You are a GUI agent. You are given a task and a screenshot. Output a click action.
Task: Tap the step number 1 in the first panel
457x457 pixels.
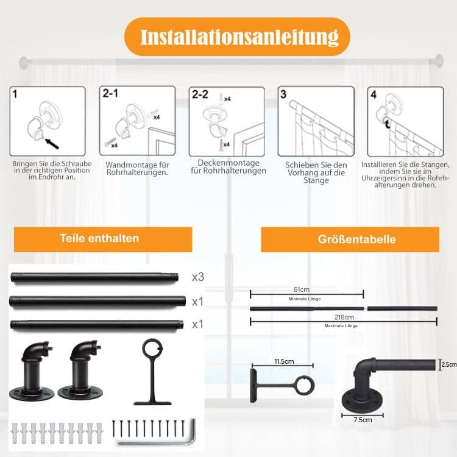(15, 95)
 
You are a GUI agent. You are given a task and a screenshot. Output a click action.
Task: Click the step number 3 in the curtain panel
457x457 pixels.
(283, 94)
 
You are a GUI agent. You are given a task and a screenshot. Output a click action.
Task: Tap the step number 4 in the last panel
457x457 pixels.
(373, 96)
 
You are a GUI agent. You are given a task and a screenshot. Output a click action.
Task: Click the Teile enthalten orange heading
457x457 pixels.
(99, 238)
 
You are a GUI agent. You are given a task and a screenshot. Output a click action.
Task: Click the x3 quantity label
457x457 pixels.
(197, 277)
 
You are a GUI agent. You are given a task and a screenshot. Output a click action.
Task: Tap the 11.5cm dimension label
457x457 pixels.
(284, 361)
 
